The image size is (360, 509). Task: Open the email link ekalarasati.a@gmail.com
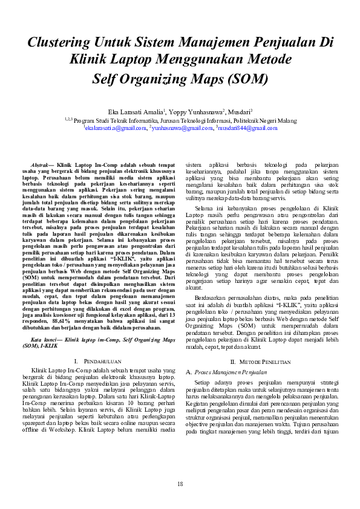(x=116, y=128)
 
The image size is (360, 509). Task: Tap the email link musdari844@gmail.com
(x=247, y=128)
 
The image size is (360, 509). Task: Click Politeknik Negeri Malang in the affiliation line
(x=267, y=120)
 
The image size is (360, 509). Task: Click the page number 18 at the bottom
(x=180, y=484)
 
